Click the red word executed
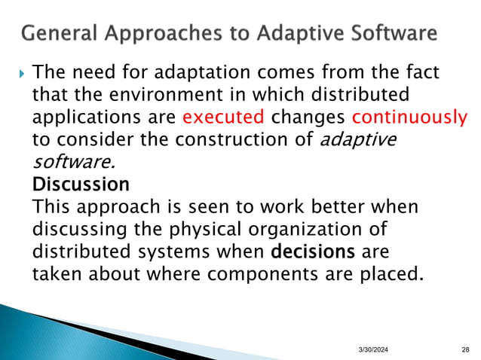(x=223, y=117)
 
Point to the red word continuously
(x=409, y=117)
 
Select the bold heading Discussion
(x=81, y=184)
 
